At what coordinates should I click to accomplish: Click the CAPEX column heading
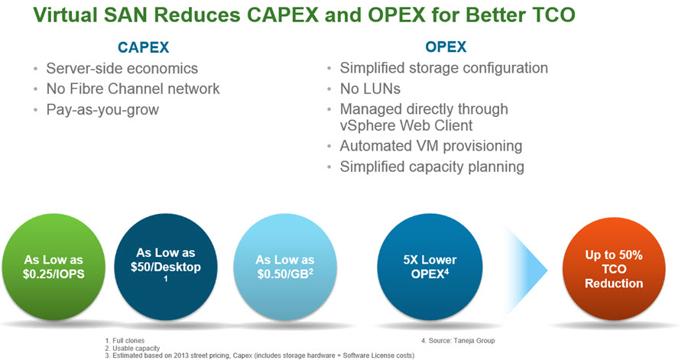coord(143,47)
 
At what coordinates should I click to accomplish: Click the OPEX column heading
coord(446,47)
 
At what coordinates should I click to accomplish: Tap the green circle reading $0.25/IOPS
coord(54,267)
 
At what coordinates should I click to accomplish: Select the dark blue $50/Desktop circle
coord(165,267)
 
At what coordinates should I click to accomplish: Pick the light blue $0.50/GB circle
coord(285,267)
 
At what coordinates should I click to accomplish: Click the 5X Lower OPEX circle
coord(430,267)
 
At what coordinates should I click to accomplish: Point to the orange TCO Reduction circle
coord(614,268)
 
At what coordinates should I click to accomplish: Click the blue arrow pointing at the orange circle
coord(527,271)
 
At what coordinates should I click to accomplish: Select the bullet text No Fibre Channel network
coord(133,89)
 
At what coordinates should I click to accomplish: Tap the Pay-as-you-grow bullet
coord(102,109)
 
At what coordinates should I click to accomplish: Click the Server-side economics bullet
coord(122,68)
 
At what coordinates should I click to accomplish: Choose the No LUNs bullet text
coord(370,89)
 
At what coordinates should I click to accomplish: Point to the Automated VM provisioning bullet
coord(431,146)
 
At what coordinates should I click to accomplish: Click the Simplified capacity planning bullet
coord(432,167)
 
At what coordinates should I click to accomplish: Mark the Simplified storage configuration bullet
coord(443,68)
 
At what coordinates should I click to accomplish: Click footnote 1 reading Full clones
coord(125,341)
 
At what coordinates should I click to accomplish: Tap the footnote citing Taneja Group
coord(458,341)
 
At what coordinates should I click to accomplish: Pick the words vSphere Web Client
coord(406,126)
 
